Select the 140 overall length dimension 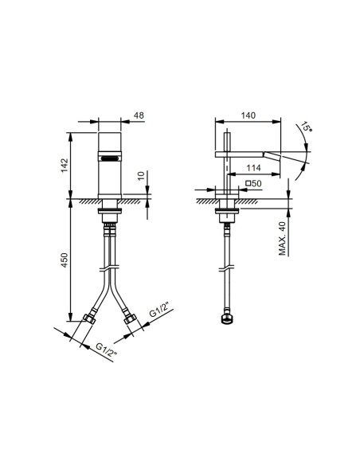click(249, 115)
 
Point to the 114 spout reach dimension click(255, 168)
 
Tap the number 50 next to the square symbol click(259, 184)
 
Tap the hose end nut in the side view click(226, 322)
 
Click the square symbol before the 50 click(249, 184)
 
